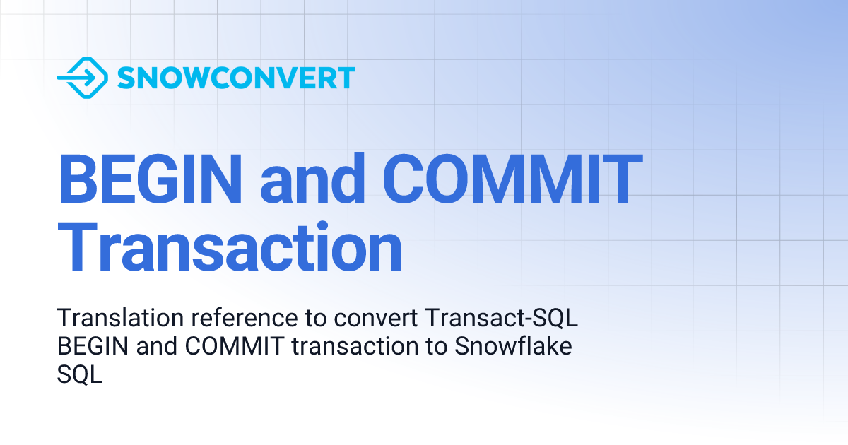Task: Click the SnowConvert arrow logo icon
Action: pyautogui.click(x=82, y=77)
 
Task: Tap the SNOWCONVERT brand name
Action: pyautogui.click(x=236, y=78)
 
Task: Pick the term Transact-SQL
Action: pyautogui.click(x=502, y=319)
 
